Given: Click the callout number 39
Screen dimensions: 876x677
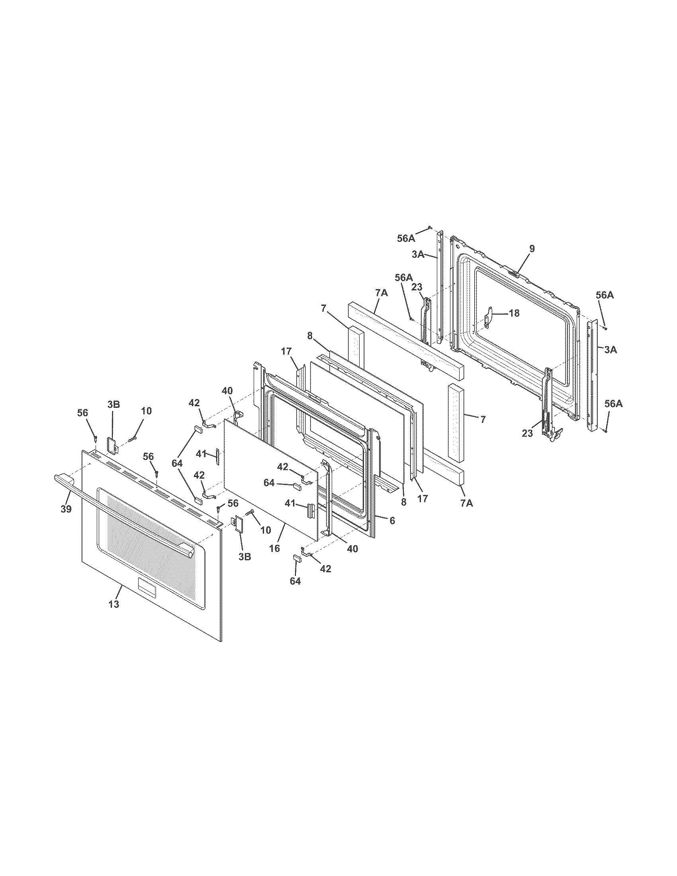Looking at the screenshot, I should pyautogui.click(x=66, y=509).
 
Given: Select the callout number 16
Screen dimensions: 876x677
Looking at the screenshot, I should pyautogui.click(x=274, y=548).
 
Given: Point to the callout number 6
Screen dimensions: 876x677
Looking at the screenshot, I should pyautogui.click(x=392, y=520).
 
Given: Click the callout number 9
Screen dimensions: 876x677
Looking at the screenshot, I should pyautogui.click(x=532, y=249).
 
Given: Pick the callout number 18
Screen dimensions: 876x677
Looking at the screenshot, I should pyautogui.click(x=514, y=313).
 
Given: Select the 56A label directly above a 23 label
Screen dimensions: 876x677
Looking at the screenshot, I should pyautogui.click(x=403, y=278).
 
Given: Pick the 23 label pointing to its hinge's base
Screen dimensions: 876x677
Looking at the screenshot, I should pyautogui.click(x=527, y=433).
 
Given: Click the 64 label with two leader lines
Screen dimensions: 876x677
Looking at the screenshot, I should pyautogui.click(x=177, y=463).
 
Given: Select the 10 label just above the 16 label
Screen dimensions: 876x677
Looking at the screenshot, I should pyautogui.click(x=265, y=530).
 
